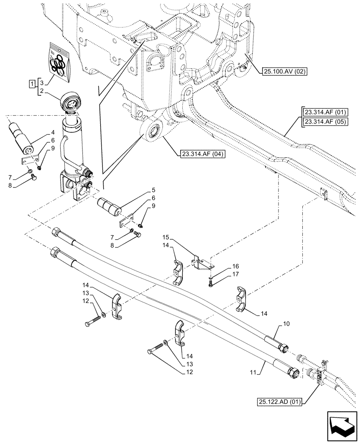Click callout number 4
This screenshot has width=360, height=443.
click(x=52, y=132)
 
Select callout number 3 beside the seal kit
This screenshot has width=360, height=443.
click(x=41, y=83)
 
